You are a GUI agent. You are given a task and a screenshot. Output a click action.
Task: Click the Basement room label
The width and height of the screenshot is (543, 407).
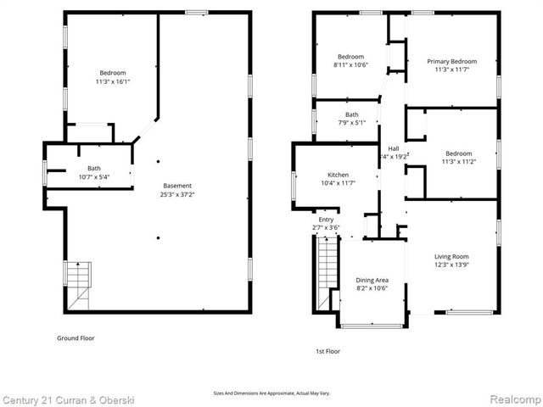pos(177,186)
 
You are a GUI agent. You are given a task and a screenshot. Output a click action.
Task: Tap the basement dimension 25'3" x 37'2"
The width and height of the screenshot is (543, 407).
pos(177,194)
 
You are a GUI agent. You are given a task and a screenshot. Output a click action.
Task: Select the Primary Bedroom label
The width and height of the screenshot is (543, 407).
pos(451,61)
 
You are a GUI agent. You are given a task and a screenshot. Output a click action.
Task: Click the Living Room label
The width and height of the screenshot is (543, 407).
pos(451,256)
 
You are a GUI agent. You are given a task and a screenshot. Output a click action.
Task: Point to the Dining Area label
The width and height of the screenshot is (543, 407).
pos(372,280)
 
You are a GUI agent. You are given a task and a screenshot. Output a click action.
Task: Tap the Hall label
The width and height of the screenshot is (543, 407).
pos(394,148)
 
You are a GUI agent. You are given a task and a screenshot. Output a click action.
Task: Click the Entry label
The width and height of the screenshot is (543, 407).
pos(326,220)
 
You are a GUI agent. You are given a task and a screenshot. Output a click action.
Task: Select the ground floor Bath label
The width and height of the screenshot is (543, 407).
pos(94,168)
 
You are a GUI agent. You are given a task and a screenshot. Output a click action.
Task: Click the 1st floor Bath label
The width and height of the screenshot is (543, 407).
pos(351,114)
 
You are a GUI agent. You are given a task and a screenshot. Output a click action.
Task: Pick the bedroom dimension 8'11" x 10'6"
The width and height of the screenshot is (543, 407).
pos(351,64)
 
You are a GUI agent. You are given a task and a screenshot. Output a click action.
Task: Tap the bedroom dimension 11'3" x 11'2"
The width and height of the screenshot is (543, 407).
pos(458,161)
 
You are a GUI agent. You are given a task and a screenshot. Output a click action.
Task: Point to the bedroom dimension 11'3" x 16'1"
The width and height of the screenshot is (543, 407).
pos(112,81)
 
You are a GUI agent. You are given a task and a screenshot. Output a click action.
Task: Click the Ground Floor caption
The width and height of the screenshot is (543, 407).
pos(76,337)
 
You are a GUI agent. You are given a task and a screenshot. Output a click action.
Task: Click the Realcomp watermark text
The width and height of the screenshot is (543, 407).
pos(516,399)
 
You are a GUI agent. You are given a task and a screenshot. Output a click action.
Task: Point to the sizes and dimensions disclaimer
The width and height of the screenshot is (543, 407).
pos(271,393)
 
